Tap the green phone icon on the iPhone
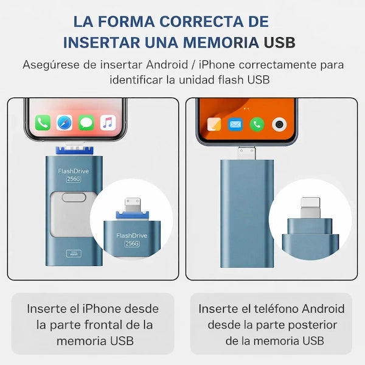click(43, 122)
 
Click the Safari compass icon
click(64, 122)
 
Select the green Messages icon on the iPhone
click(86, 122)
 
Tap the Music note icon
click(108, 122)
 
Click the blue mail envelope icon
click(235, 125)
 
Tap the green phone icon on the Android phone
click(257, 125)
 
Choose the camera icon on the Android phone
click(279, 125)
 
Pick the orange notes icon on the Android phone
click(214, 125)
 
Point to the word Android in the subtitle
click(167, 64)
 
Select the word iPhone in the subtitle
click(217, 64)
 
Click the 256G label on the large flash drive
click(74, 179)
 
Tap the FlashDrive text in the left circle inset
click(132, 235)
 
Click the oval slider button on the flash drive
click(74, 197)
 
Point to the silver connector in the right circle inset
click(310, 208)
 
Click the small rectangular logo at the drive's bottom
click(74, 253)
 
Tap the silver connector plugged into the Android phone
click(246, 153)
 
